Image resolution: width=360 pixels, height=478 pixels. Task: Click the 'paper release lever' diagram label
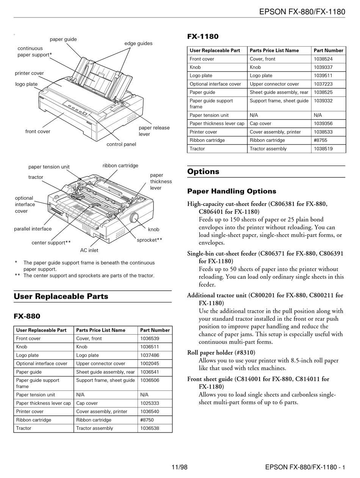pos(154,131)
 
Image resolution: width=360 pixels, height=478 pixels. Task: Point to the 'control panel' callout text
pos(121,144)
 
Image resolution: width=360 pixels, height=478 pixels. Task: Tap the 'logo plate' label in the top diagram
pos(27,84)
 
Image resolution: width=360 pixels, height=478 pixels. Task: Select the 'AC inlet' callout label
pos(89,250)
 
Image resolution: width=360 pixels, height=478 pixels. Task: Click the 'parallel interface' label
pos(33,229)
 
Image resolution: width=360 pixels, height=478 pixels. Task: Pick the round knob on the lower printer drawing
pos(134,218)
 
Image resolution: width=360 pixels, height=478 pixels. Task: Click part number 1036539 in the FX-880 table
pos(150,339)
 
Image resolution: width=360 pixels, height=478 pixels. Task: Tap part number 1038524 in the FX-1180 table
pos(323,59)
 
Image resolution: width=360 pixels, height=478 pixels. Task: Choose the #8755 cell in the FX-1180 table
pos(321,140)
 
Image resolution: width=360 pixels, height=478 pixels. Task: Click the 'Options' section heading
pos(203,171)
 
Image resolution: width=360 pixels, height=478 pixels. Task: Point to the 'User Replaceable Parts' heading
pos(61,296)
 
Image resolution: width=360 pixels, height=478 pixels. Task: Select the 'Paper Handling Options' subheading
pos(232,191)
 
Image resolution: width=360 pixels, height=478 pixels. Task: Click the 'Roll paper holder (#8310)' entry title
pos(221,353)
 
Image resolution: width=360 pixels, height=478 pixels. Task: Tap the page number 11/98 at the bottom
pos(180,467)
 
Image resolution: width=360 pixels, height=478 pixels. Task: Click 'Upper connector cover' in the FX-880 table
pos(101,364)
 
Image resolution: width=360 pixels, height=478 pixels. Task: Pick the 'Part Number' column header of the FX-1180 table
pos(328,50)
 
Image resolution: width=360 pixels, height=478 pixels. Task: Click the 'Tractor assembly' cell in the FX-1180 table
pos(268,149)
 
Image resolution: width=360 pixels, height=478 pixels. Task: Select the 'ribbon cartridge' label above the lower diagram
pos(120,166)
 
